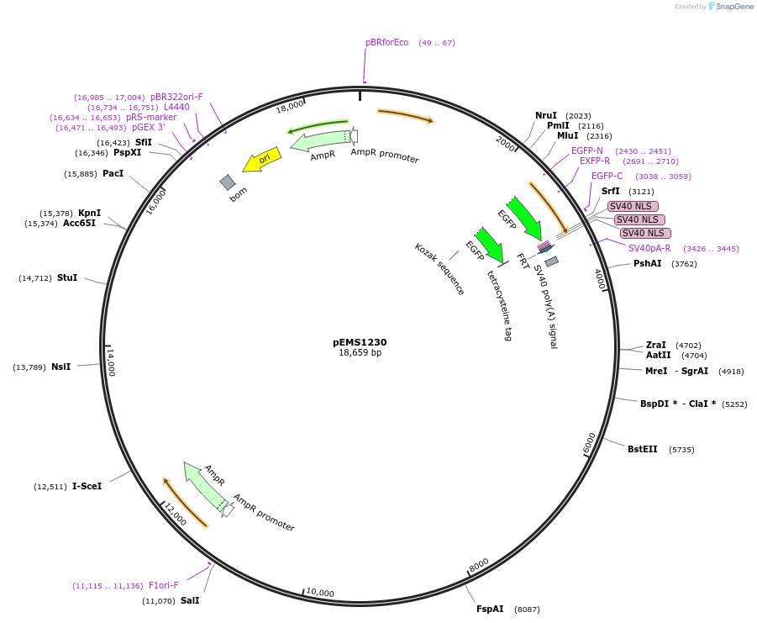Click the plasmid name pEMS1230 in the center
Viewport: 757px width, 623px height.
tap(360, 342)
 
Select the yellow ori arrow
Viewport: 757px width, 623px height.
tap(261, 160)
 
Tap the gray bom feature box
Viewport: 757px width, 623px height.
tap(228, 182)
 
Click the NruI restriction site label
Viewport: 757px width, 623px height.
tap(546, 115)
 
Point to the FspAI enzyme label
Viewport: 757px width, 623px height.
tap(490, 609)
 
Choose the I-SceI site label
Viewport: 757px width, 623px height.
tap(87, 486)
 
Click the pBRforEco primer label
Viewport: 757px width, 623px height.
tap(386, 42)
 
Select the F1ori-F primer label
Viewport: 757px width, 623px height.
tap(164, 585)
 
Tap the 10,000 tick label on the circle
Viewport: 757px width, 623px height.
tap(319, 593)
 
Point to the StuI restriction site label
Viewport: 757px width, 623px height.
tap(67, 277)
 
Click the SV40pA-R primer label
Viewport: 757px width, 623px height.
tap(649, 248)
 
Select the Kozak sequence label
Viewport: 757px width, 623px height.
tap(439, 269)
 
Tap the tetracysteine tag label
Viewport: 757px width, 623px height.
tap(499, 304)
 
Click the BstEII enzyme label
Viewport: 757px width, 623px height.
tap(643, 449)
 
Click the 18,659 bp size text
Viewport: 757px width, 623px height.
tap(360, 353)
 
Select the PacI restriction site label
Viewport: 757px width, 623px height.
tap(113, 174)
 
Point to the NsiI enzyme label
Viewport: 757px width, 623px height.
tap(61, 367)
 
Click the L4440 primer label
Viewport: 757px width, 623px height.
tap(176, 108)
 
